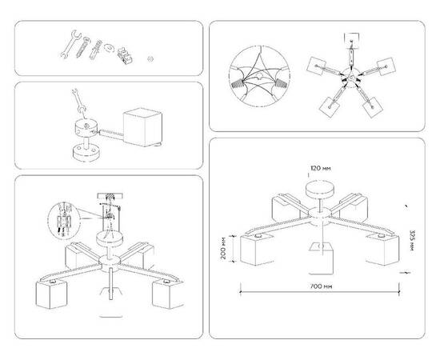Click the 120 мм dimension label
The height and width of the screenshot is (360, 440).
320,169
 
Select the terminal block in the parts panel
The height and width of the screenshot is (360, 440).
123,56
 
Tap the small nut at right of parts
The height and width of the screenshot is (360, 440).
152,58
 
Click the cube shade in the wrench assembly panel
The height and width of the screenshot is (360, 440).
142,126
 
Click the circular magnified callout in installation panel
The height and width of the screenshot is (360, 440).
62,221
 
